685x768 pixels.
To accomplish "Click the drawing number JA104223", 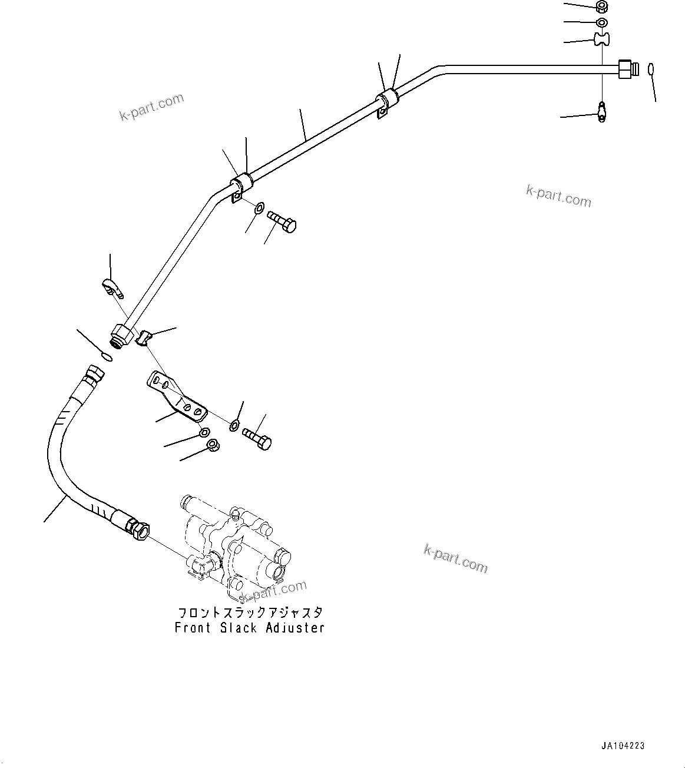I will click(623, 746).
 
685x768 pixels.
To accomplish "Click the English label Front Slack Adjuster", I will click(249, 628).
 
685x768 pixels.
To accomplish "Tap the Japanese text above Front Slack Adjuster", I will click(249, 613).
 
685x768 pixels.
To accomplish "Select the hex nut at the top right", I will click(601, 7).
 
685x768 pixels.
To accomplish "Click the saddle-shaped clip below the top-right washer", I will click(601, 39).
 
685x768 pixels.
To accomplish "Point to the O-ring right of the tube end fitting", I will click(650, 69).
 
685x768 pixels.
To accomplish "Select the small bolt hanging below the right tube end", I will click(601, 111).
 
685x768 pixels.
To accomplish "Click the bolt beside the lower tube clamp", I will click(283, 221).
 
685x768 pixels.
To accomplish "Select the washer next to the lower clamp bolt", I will click(259, 208).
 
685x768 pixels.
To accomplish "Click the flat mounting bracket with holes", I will click(177, 397).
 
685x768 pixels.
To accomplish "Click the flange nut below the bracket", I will click(214, 446).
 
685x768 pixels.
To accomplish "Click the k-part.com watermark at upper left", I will click(151, 107).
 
